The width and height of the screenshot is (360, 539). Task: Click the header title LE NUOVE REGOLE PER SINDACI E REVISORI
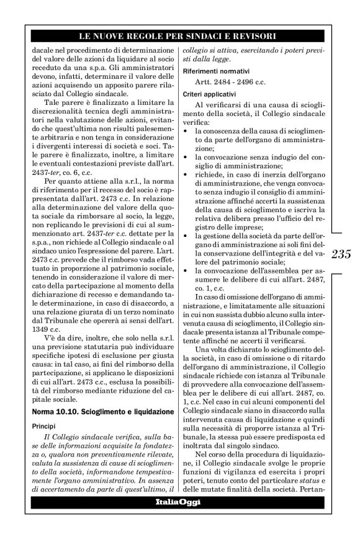click(179, 33)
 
